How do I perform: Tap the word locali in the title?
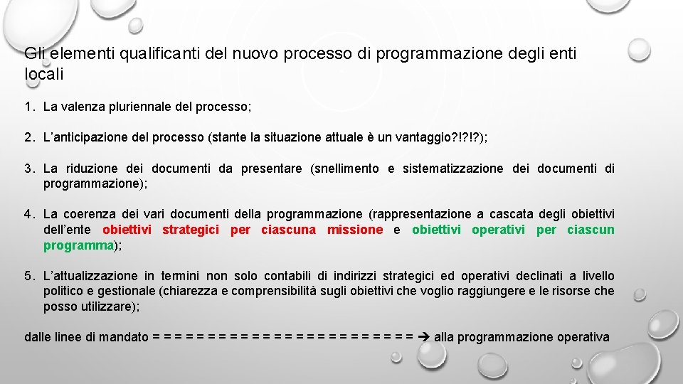click(44, 73)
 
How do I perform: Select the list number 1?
click(28, 107)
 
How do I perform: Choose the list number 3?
click(28, 169)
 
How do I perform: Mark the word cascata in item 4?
click(512, 214)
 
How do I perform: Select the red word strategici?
click(191, 230)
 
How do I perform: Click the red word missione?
click(354, 230)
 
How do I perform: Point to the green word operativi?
click(498, 230)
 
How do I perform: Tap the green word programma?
click(79, 245)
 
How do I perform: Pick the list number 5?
click(28, 276)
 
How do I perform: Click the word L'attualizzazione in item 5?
click(90, 276)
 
